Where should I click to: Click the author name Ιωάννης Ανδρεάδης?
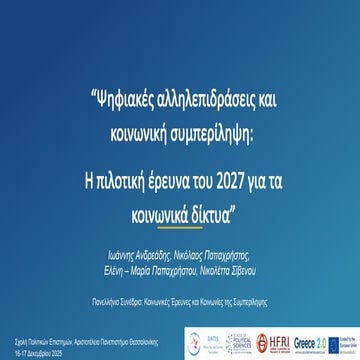137,228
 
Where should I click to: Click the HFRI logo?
275,339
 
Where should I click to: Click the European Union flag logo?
343,339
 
